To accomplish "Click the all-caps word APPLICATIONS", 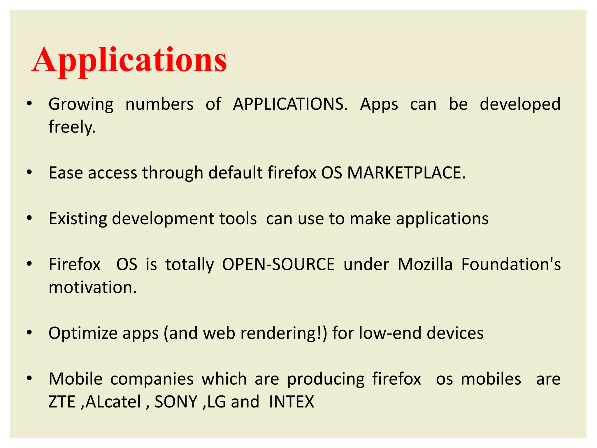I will pyautogui.click(x=290, y=104).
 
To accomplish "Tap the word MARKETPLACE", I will pyautogui.click(x=406, y=173).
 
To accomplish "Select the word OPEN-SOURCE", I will pyautogui.click(x=278, y=264).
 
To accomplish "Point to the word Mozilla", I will pyautogui.click(x=425, y=264).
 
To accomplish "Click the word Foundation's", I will pyautogui.click(x=511, y=264).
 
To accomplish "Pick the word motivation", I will pyautogui.click(x=92, y=287).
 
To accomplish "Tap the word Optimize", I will pyautogui.click(x=82, y=333).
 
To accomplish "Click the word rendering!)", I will pyautogui.click(x=284, y=333).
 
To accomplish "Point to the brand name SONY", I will pyautogui.click(x=176, y=402).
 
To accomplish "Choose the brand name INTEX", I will pyautogui.click(x=292, y=402).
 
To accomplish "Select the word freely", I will pyautogui.click(x=72, y=127).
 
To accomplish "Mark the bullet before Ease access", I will pyautogui.click(x=29, y=173).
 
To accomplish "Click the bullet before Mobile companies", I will pyautogui.click(x=29, y=379).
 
